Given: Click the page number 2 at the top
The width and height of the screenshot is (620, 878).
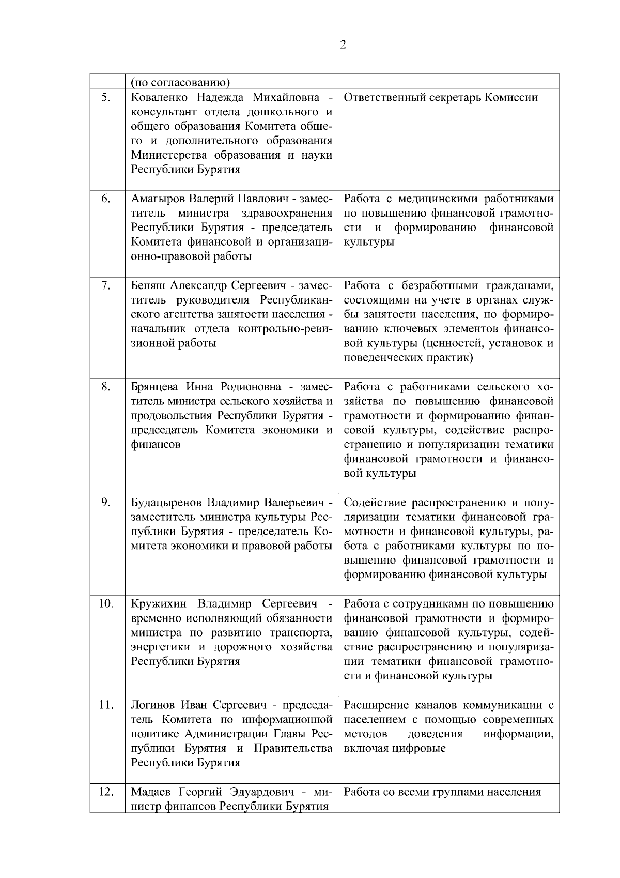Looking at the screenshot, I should click(x=343, y=45).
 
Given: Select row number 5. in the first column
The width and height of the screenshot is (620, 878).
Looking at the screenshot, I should click(x=105, y=97).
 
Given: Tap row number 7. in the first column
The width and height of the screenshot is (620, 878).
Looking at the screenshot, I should click(x=105, y=285).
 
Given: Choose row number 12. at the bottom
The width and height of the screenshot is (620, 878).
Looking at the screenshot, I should click(x=105, y=792).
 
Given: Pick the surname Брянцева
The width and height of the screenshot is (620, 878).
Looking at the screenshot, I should click(x=155, y=387).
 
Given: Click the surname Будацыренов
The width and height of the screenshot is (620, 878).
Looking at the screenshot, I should click(x=166, y=503).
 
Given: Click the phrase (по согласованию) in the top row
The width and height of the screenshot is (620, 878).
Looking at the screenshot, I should click(x=180, y=82).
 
